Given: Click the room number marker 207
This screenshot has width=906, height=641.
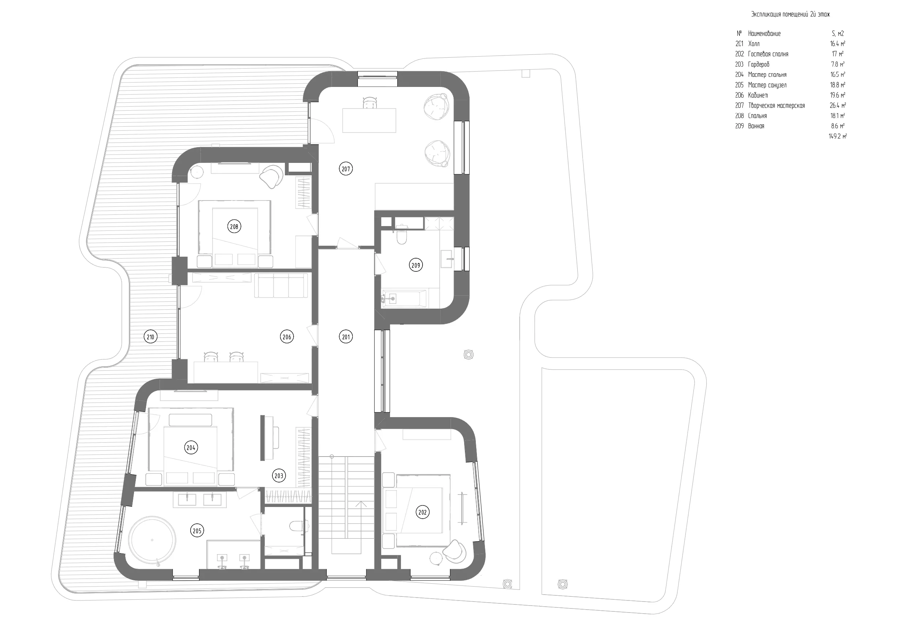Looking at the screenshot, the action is [346, 169].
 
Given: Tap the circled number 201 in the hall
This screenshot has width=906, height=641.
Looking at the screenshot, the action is [346, 337].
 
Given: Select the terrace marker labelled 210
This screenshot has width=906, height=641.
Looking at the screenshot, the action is [150, 337].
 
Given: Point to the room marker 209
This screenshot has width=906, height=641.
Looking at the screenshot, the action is [416, 265].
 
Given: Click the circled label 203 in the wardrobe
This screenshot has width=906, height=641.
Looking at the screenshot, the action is [279, 476].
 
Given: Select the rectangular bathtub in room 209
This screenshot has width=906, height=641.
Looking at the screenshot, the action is [403, 299].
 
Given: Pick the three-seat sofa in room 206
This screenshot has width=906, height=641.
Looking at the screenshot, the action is [281, 285].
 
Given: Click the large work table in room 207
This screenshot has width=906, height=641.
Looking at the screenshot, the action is [369, 121].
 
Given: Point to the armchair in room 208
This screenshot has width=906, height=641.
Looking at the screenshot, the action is [271, 176].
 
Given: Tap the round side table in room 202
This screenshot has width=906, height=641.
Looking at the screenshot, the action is [437, 559].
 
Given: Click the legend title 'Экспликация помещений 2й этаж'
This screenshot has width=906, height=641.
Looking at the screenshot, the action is [790, 15].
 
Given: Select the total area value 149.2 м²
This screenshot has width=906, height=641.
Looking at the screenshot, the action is [837, 136].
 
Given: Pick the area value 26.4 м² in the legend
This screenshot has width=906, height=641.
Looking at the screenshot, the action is [838, 106].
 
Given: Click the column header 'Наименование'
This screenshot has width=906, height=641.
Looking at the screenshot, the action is [764, 34].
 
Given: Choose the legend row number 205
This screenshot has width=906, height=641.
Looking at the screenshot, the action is [739, 85].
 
